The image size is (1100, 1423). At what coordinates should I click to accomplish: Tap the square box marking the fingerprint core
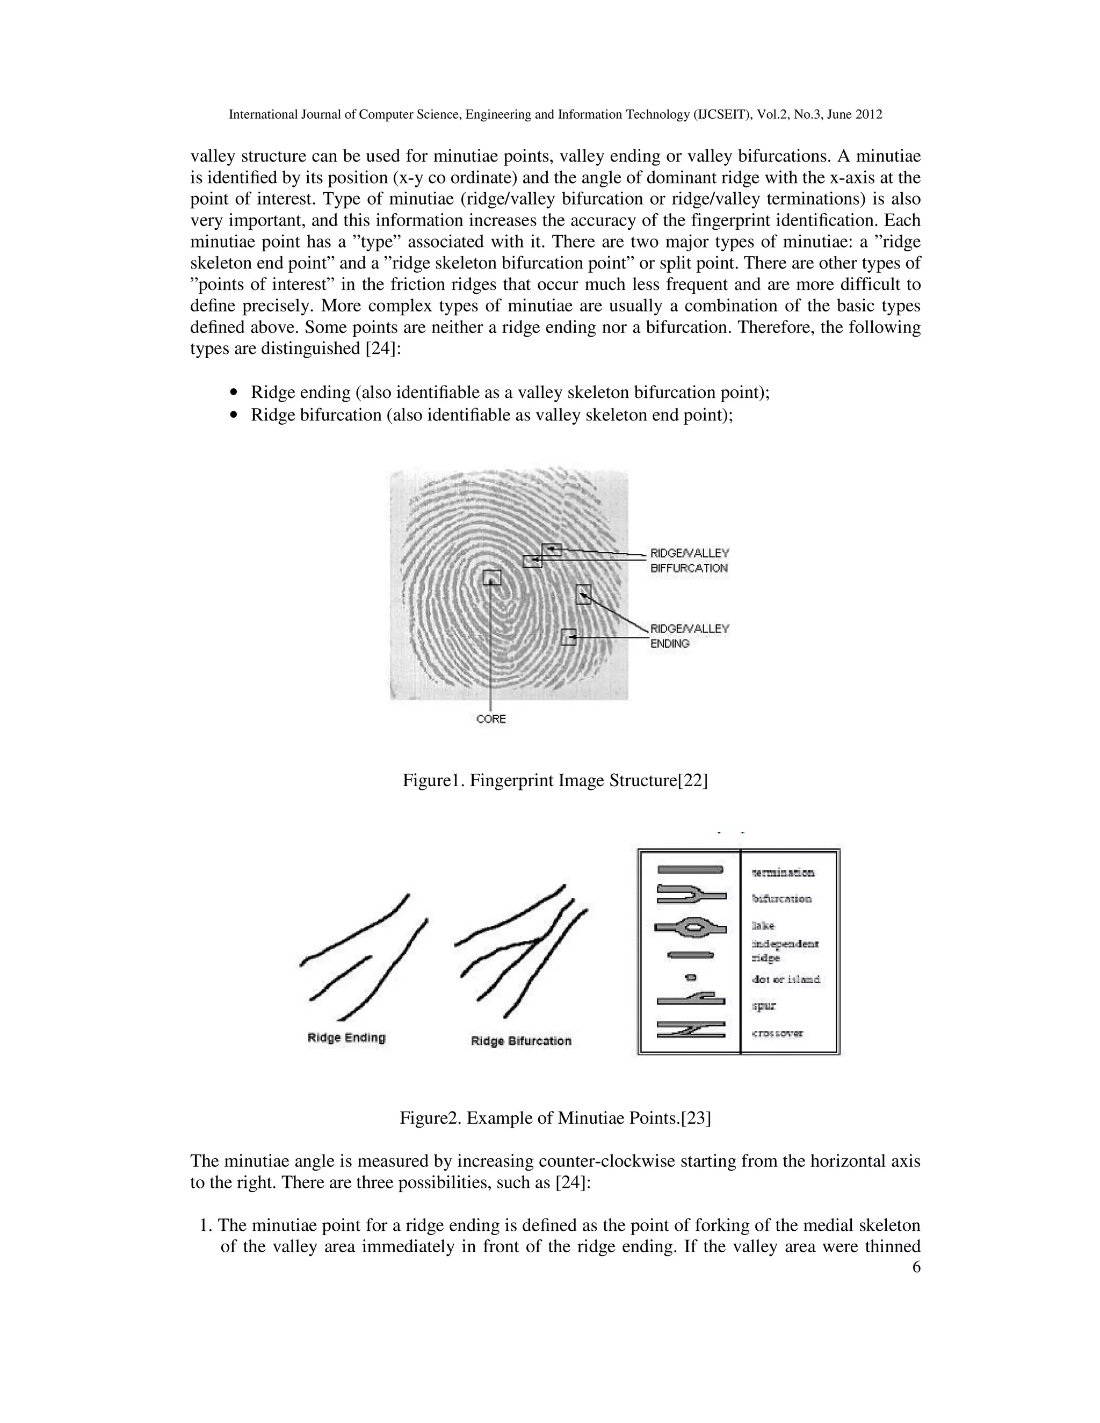click(x=492, y=578)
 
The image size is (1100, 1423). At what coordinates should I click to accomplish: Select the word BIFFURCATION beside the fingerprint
click(x=689, y=568)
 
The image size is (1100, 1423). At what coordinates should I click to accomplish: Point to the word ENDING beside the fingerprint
click(x=669, y=644)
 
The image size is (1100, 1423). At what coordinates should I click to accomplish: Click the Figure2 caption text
click(x=554, y=1118)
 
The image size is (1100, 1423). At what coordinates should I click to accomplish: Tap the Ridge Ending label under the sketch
click(x=346, y=1038)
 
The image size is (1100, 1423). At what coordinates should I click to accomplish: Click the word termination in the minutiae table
click(x=783, y=873)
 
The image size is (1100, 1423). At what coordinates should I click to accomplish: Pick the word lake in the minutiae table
click(x=763, y=925)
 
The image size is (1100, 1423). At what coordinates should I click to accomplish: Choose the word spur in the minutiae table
click(x=764, y=1005)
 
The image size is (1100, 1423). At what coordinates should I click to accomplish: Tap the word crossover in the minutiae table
click(x=777, y=1033)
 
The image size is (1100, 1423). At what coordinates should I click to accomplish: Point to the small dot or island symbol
click(x=691, y=977)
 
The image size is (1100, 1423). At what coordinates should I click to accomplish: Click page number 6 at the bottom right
click(x=916, y=1267)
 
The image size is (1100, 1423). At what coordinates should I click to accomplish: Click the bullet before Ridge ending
click(x=235, y=393)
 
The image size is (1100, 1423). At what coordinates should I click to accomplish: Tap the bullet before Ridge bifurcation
click(x=235, y=415)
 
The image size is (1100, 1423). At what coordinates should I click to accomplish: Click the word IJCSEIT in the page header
click(x=720, y=115)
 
